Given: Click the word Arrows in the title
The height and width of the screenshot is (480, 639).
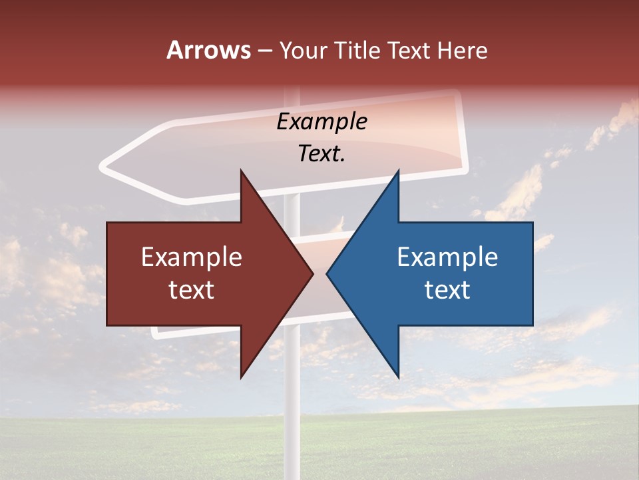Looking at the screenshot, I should [208, 50].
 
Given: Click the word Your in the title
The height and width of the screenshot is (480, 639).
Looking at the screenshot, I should [303, 50].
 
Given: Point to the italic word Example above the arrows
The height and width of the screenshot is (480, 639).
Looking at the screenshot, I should [321, 122].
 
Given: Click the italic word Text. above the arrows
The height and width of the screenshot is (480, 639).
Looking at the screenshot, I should [321, 154].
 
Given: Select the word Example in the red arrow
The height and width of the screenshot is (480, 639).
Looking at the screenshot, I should [192, 257].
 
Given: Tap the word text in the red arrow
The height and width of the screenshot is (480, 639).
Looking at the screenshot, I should [192, 289].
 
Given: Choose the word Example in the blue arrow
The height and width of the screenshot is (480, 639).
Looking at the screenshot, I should [447, 257].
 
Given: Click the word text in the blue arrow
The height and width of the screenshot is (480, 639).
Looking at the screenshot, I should [447, 289].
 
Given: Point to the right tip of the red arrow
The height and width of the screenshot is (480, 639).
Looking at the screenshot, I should [313, 273].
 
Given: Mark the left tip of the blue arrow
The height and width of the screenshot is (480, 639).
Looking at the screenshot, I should [327, 273].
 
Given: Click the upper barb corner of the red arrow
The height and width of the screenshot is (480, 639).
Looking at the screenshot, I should [241, 171].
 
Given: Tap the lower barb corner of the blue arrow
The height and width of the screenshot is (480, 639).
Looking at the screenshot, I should [398, 377].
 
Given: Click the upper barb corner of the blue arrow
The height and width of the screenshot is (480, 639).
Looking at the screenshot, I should [398, 171].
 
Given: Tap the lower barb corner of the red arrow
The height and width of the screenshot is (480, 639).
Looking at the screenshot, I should [241, 377].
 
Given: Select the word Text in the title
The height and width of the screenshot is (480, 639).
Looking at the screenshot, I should [410, 50].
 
